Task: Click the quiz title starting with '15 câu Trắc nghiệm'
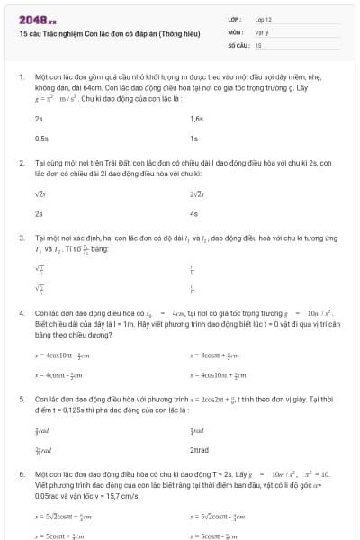(89, 33)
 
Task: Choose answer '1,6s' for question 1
(197, 118)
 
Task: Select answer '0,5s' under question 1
(41, 139)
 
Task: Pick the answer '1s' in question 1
(193, 139)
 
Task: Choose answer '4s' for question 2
(193, 214)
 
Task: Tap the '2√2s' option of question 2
(197, 193)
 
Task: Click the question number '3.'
(21, 238)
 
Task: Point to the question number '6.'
(21, 472)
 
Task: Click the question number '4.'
(21, 313)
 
